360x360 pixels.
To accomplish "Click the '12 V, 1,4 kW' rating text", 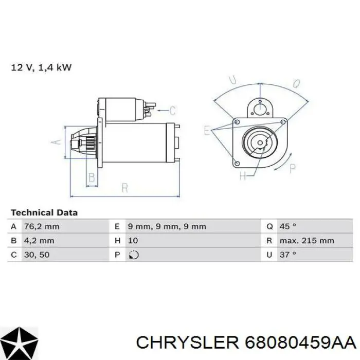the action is tap(41, 68).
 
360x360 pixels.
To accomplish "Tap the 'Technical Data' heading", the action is tap(44, 212).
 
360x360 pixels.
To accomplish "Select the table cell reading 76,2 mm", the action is tap(42, 227).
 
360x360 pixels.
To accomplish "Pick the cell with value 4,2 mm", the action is tap(39, 241).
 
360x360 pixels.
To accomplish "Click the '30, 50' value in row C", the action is tap(37, 255).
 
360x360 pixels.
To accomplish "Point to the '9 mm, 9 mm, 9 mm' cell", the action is tap(167, 227).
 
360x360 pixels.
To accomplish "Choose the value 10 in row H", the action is tap(133, 241).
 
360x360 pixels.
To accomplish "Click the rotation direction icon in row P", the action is tap(134, 255).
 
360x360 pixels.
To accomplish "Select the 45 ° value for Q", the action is tap(288, 226).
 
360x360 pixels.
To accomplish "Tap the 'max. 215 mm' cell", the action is tap(307, 241).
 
